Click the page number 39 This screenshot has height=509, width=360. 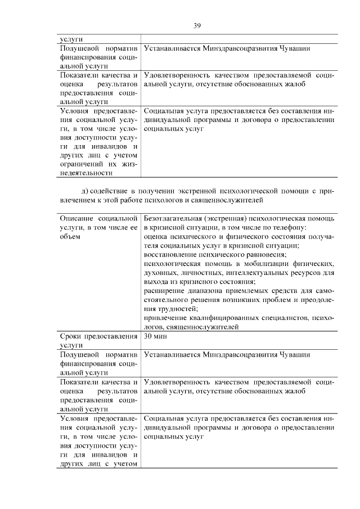point(197,25)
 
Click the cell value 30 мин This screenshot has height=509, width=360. point(155,336)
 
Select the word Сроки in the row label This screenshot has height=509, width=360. point(71,336)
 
